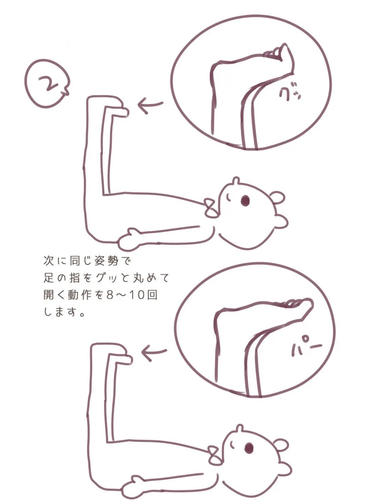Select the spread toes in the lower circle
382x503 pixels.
pyautogui.click(x=295, y=303)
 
